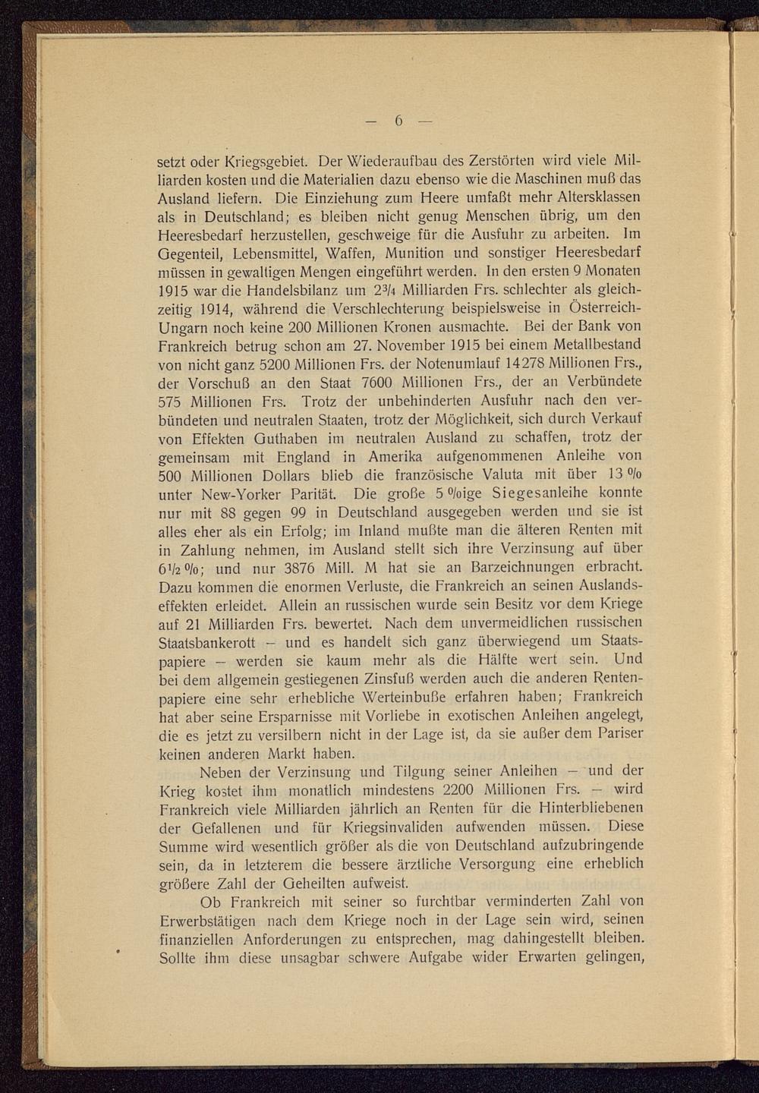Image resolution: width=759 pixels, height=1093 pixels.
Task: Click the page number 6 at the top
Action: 398,121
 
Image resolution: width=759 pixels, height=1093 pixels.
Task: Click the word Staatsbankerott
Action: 206,641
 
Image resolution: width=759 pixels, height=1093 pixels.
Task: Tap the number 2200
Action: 465,789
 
